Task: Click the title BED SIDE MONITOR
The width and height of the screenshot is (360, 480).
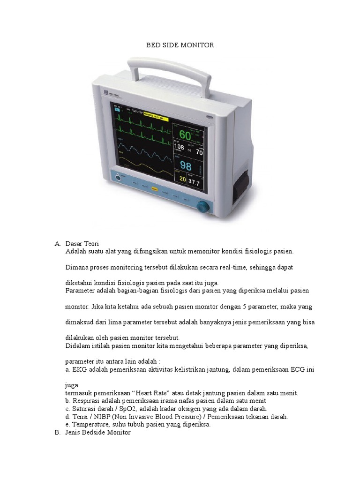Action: pyautogui.click(x=180, y=45)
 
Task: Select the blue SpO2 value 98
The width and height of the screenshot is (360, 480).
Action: pyautogui.click(x=186, y=166)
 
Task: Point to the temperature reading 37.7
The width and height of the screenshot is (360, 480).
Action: pyautogui.click(x=194, y=182)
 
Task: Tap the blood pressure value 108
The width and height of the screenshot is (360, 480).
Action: pyautogui.click(x=179, y=147)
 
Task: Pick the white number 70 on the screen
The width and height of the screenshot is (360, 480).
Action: pyautogui.click(x=199, y=152)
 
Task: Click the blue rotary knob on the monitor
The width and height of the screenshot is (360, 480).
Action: pyautogui.click(x=202, y=206)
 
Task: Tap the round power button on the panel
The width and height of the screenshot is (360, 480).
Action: pyautogui.click(x=119, y=178)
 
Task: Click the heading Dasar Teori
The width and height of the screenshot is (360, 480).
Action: pyautogui.click(x=82, y=244)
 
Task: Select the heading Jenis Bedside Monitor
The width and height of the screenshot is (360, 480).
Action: pyautogui.click(x=98, y=433)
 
